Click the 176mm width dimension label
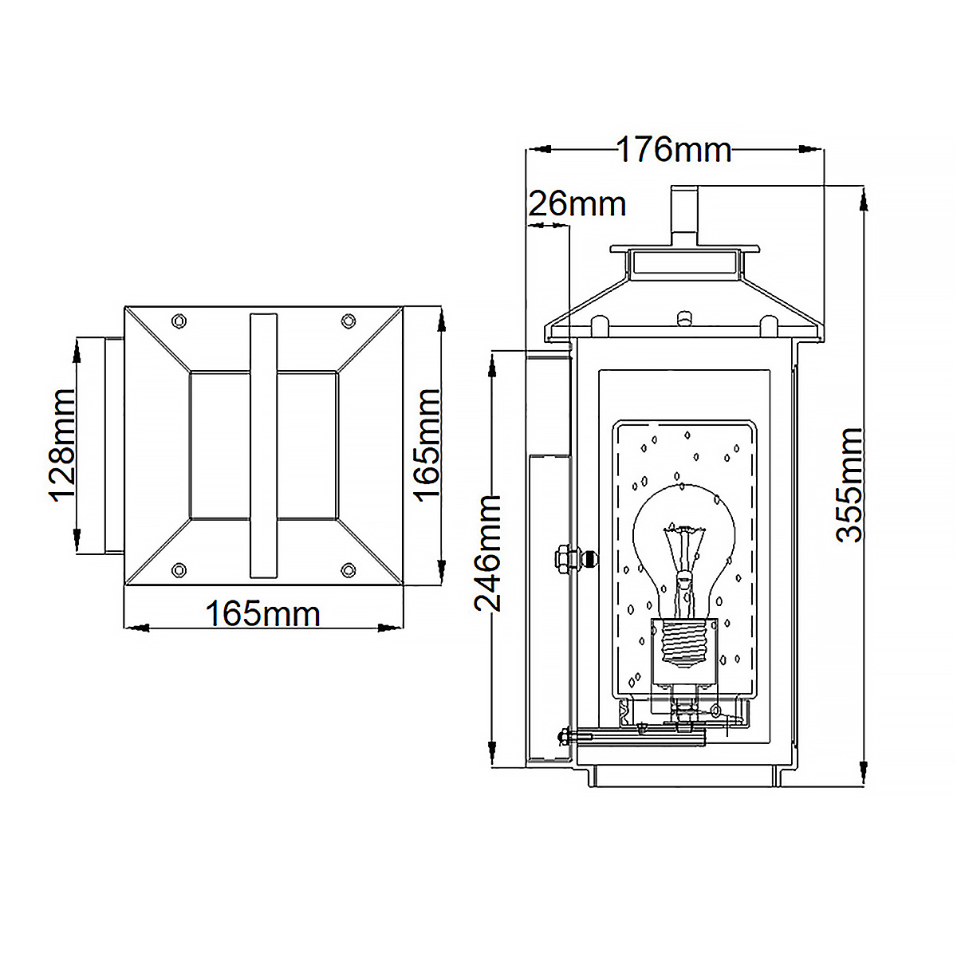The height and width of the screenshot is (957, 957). [674, 150]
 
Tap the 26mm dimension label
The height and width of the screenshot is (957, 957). [577, 205]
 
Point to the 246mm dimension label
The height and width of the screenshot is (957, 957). [489, 553]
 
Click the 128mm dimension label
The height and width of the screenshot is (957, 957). [61, 444]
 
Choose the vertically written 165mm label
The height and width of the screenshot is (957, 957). [427, 444]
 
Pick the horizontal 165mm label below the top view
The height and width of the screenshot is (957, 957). [262, 614]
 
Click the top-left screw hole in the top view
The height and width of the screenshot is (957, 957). [179, 321]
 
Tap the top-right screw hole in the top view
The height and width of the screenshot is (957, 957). [348, 321]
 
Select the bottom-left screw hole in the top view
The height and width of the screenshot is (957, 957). [179, 569]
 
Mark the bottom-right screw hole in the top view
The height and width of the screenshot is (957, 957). [348, 569]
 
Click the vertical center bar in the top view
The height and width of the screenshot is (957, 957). [263, 445]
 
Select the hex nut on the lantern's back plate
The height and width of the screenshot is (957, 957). [562, 557]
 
